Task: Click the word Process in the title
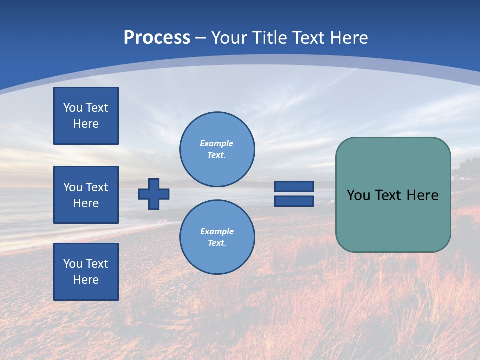point(157,38)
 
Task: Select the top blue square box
point(86,116)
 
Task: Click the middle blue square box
point(86,195)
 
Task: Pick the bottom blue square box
point(86,272)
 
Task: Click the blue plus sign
point(154,194)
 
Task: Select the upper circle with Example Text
point(217,149)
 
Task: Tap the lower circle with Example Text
point(217,237)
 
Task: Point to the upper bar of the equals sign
point(294,186)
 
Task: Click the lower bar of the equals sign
point(294,201)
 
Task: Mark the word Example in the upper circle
point(217,143)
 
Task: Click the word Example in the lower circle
point(217,231)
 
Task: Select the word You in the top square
point(73,108)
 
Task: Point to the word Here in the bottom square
point(86,280)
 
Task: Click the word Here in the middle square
point(86,203)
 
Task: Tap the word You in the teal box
point(358,195)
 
